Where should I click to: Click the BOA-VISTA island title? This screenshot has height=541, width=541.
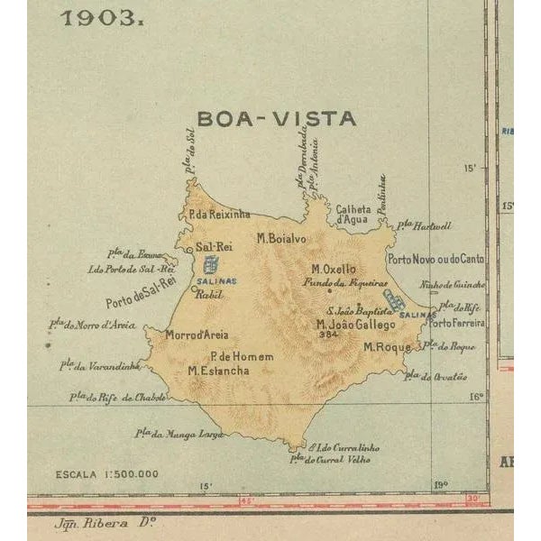(276, 118)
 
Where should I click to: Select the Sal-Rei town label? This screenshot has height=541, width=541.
(215, 246)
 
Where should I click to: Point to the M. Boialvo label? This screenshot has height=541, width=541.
(281, 239)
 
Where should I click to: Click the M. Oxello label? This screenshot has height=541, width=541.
(334, 269)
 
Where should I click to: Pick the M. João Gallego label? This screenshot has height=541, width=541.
(355, 324)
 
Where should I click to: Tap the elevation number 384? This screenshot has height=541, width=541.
(328, 335)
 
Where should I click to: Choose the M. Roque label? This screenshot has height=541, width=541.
(387, 346)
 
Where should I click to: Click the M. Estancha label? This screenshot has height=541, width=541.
(219, 370)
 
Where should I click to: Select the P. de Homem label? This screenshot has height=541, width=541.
(241, 356)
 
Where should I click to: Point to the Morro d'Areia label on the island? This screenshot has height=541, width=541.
(197, 335)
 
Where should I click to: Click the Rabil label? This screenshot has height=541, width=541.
(208, 294)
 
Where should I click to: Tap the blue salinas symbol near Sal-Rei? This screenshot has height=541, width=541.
(212, 265)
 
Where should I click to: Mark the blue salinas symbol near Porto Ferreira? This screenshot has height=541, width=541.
(395, 299)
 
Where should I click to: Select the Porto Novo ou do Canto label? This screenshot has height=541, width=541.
(436, 259)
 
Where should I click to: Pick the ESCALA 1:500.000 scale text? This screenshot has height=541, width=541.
(106, 473)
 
